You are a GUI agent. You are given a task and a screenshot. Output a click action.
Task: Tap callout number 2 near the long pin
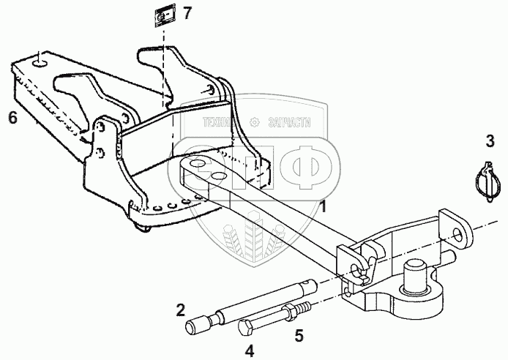(181, 310)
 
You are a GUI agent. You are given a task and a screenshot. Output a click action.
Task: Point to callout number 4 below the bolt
(249, 351)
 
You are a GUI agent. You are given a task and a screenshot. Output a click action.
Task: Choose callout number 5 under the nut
(299, 336)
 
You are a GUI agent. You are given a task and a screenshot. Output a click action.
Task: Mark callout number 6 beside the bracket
(12, 116)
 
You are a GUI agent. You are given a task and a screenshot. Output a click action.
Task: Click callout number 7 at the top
(188, 12)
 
